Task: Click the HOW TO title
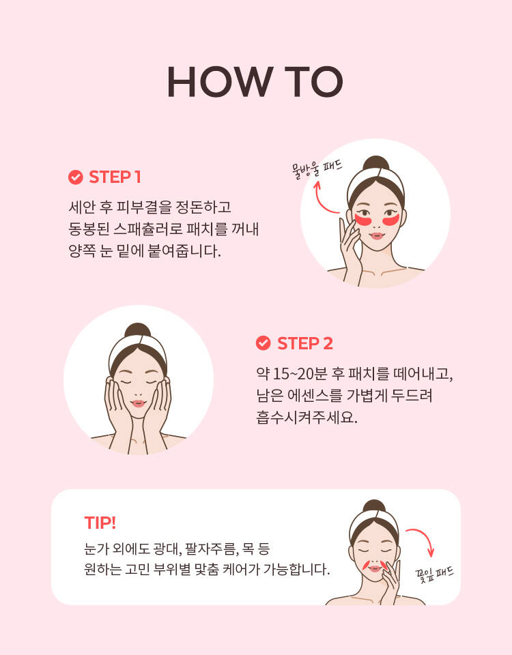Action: (x=255, y=82)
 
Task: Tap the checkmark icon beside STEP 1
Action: (x=75, y=177)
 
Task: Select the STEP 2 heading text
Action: (x=305, y=343)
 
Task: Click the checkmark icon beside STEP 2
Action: (x=263, y=343)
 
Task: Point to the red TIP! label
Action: (x=100, y=523)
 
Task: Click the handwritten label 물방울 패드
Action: (x=317, y=169)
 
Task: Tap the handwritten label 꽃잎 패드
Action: (x=434, y=574)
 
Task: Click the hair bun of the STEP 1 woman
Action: (x=375, y=163)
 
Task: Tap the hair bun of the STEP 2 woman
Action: (x=137, y=330)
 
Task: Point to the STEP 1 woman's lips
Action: (x=377, y=236)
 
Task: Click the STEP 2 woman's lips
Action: (x=138, y=403)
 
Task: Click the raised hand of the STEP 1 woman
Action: (x=350, y=250)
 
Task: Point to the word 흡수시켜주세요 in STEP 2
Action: (x=307, y=418)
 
